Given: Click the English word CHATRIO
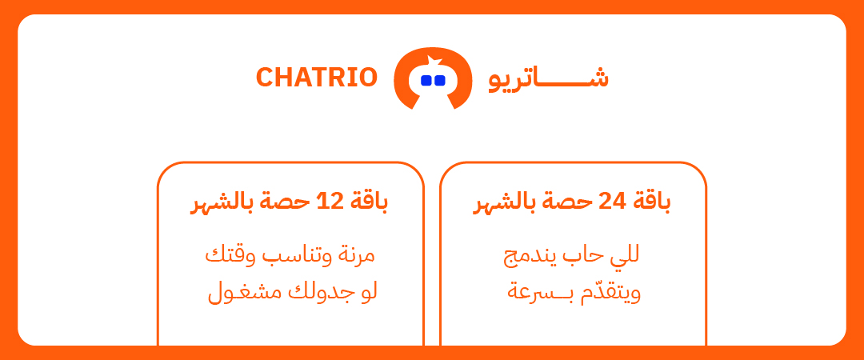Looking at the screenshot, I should pos(316,78).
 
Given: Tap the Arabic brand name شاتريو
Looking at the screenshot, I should pos(549,78).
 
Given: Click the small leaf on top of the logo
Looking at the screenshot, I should pos(433,60).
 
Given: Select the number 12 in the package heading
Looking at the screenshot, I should pos(330,202).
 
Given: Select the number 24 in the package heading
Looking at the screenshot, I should pos(612,202).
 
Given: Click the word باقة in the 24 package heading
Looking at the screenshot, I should pos(653,202).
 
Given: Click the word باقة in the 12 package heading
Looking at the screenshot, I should pos(370,202).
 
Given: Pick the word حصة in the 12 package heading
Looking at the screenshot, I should pos(290,202).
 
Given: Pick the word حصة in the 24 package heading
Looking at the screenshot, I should pos(570,202).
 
